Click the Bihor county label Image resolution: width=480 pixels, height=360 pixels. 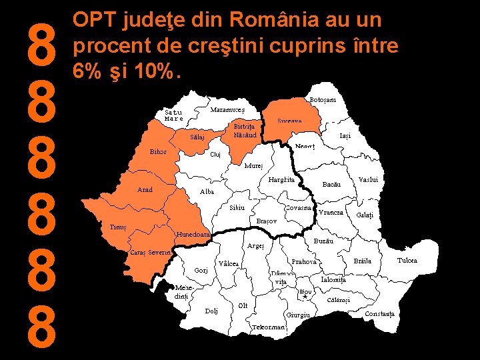158,151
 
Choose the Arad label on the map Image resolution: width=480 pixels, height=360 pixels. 145,190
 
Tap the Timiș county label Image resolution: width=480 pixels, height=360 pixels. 118,227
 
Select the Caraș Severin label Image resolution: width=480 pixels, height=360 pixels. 151,253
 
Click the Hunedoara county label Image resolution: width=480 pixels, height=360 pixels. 193,235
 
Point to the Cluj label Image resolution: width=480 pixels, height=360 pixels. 215,155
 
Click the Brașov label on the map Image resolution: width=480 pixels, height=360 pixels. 266,221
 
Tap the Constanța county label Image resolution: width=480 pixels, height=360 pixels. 380,313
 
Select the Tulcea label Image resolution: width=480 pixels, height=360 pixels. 407,261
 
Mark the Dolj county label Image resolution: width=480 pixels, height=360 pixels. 211,311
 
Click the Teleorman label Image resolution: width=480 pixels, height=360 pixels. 269,327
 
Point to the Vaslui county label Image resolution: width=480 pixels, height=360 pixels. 368,180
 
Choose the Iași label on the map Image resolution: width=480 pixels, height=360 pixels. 345,135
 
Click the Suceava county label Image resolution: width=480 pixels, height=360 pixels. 290,121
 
